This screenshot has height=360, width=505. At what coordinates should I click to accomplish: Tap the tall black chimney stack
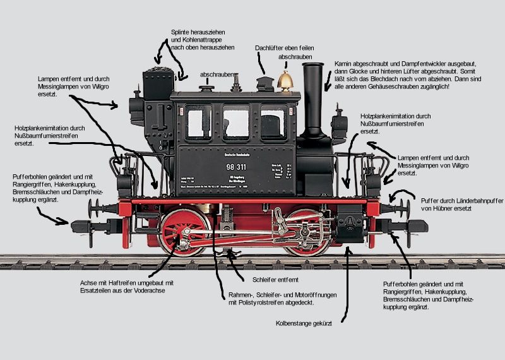313,95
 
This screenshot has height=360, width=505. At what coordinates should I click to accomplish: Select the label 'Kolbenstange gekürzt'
304,323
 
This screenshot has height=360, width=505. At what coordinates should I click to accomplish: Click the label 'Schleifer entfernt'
275,279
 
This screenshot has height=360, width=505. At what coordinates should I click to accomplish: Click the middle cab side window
235,122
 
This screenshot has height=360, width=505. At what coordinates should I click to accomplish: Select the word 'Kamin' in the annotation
345,64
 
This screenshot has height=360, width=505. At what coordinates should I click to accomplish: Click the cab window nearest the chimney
273,122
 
